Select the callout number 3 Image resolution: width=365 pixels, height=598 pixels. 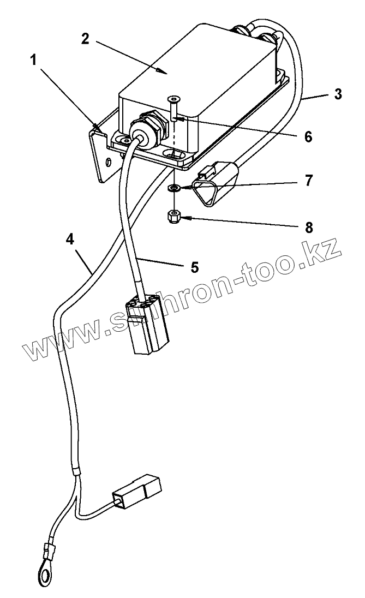click(338, 93)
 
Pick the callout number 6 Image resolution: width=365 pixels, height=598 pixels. click(308, 137)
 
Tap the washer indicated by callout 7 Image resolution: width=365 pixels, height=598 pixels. click(173, 188)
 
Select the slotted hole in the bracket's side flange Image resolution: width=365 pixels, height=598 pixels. click(110, 162)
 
